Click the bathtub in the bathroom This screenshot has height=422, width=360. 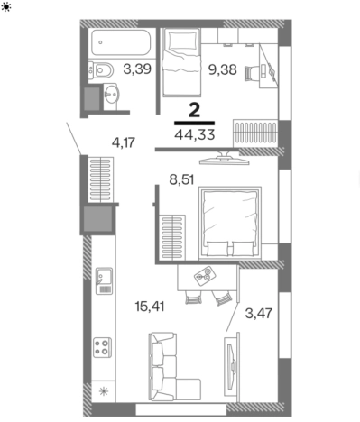(x=121, y=42)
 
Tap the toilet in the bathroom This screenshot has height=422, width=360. (x=101, y=71)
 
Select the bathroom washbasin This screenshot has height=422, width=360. (x=111, y=94)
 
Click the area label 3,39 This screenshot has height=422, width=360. (x=137, y=69)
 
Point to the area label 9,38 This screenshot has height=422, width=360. (x=223, y=69)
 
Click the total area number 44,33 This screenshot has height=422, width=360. (x=195, y=134)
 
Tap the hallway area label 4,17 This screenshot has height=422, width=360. (x=124, y=142)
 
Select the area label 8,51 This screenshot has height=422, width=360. (x=181, y=179)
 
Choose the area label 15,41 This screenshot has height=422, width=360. (x=150, y=307)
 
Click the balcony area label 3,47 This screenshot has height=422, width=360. (x=259, y=314)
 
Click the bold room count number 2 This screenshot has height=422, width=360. (x=194, y=110)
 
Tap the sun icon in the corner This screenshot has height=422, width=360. (x=6, y=6)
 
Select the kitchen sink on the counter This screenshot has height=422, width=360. (x=104, y=280)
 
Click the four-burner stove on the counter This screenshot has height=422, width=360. (x=103, y=347)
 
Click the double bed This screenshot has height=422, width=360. (x=230, y=223)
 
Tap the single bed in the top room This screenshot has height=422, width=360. (x=181, y=62)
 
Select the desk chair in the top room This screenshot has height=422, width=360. (x=252, y=73)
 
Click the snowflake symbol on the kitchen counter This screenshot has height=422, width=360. (x=104, y=391)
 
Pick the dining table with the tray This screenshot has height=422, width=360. (x=208, y=278)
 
